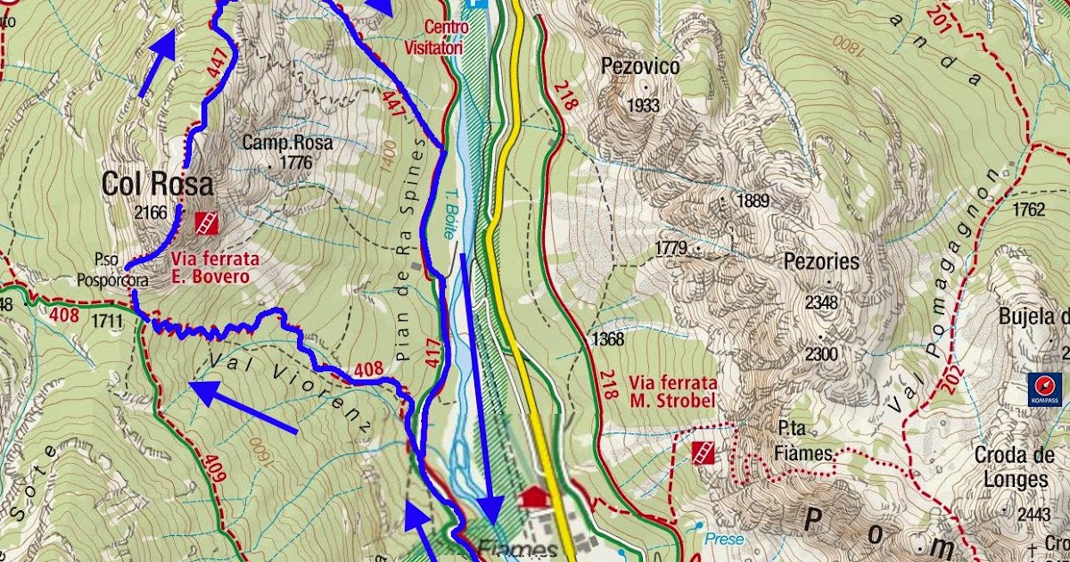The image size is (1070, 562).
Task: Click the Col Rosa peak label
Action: point(157,185)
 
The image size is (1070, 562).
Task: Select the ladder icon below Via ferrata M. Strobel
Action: point(704,452)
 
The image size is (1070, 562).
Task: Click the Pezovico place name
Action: point(640,67)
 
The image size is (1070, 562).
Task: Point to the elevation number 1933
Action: point(642,105)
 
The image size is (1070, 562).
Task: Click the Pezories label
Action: point(821,261)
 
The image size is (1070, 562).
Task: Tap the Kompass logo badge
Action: point(1044,388)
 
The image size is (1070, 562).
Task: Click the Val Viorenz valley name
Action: point(291,393)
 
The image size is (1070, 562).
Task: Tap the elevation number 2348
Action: point(821,302)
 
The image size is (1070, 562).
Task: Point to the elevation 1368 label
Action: point(607,338)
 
